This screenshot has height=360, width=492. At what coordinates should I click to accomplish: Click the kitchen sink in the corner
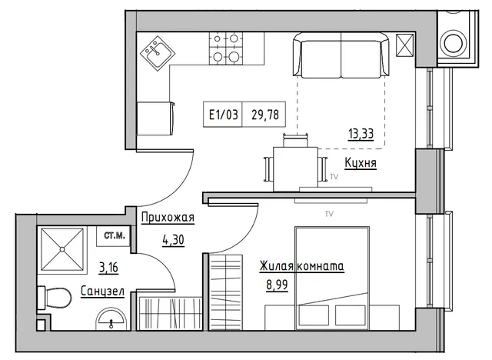click(158, 53)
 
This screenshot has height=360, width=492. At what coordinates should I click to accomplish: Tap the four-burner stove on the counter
click(226, 48)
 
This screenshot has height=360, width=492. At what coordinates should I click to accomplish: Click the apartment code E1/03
click(224, 115)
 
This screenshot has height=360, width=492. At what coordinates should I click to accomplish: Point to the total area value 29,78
click(265, 115)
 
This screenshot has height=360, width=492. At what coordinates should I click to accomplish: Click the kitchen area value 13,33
click(361, 134)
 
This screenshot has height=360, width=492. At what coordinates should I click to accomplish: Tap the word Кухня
click(361, 163)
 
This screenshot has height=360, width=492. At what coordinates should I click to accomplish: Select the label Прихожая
click(168, 217)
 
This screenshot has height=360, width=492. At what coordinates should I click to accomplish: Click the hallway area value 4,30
click(173, 240)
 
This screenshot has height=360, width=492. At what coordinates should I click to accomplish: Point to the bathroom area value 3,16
click(108, 268)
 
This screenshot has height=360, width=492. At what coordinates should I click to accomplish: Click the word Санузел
click(102, 292)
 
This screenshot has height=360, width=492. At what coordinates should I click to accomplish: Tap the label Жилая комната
click(302, 266)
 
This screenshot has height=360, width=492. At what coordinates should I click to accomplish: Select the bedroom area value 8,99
click(277, 285)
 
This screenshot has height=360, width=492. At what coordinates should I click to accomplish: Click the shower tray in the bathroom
click(62, 249)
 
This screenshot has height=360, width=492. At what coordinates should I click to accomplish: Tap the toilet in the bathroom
click(55, 298)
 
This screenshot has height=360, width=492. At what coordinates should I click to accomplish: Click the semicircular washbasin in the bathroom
click(111, 318)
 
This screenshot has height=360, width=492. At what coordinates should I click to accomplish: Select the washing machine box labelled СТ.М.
click(114, 235)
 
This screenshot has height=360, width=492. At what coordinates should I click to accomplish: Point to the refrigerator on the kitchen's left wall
click(156, 118)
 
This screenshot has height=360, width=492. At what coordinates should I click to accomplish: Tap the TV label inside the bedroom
click(329, 214)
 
